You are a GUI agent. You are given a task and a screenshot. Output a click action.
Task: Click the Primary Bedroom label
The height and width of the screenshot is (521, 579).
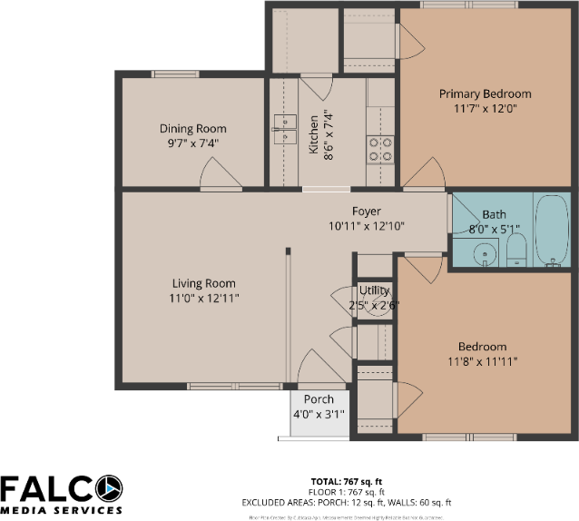(x=485, y=93)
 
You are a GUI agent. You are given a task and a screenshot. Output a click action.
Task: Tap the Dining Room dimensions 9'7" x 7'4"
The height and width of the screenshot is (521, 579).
(x=192, y=143)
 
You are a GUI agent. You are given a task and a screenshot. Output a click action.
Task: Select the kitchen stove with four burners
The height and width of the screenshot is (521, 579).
(x=380, y=149)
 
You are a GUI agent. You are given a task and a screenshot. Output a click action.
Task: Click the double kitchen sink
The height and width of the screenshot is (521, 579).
(x=287, y=130)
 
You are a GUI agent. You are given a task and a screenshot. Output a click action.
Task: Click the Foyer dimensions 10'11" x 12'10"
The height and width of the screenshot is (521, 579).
(x=366, y=226)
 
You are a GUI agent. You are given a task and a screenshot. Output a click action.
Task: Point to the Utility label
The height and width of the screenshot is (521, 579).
(x=373, y=290)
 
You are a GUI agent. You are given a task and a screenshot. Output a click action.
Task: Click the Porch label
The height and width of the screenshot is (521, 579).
(x=319, y=399)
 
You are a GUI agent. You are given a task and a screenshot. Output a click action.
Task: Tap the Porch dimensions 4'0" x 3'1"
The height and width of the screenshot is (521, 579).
(x=319, y=414)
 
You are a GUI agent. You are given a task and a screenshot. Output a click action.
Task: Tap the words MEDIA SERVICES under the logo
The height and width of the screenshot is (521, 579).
(x=61, y=509)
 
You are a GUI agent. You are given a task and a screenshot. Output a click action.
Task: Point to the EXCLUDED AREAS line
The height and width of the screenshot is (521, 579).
(x=346, y=502)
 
